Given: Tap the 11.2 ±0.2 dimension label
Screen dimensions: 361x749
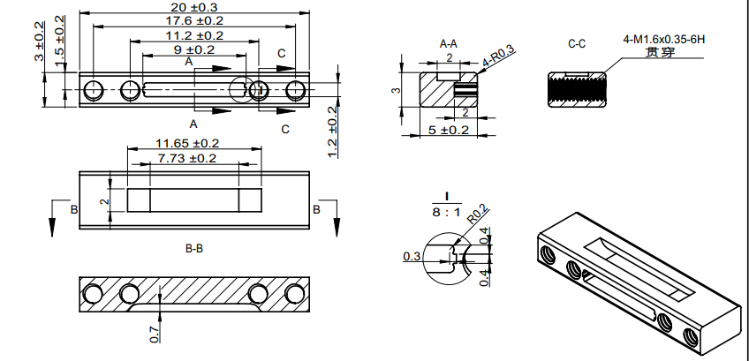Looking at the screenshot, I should (195, 35).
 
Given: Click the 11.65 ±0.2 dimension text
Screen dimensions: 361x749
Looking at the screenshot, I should (187, 143).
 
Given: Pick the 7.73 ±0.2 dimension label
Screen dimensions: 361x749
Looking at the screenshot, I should (187, 158).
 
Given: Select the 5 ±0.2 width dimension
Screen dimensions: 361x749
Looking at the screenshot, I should (449, 130).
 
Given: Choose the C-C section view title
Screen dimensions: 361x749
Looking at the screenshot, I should (578, 42).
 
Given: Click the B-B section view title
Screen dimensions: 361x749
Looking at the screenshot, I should (194, 250).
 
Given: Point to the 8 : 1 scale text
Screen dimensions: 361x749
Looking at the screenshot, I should (447, 212).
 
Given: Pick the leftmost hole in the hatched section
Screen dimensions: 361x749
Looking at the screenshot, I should (92, 294).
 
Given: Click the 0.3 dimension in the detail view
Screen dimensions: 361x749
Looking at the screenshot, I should (411, 256).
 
